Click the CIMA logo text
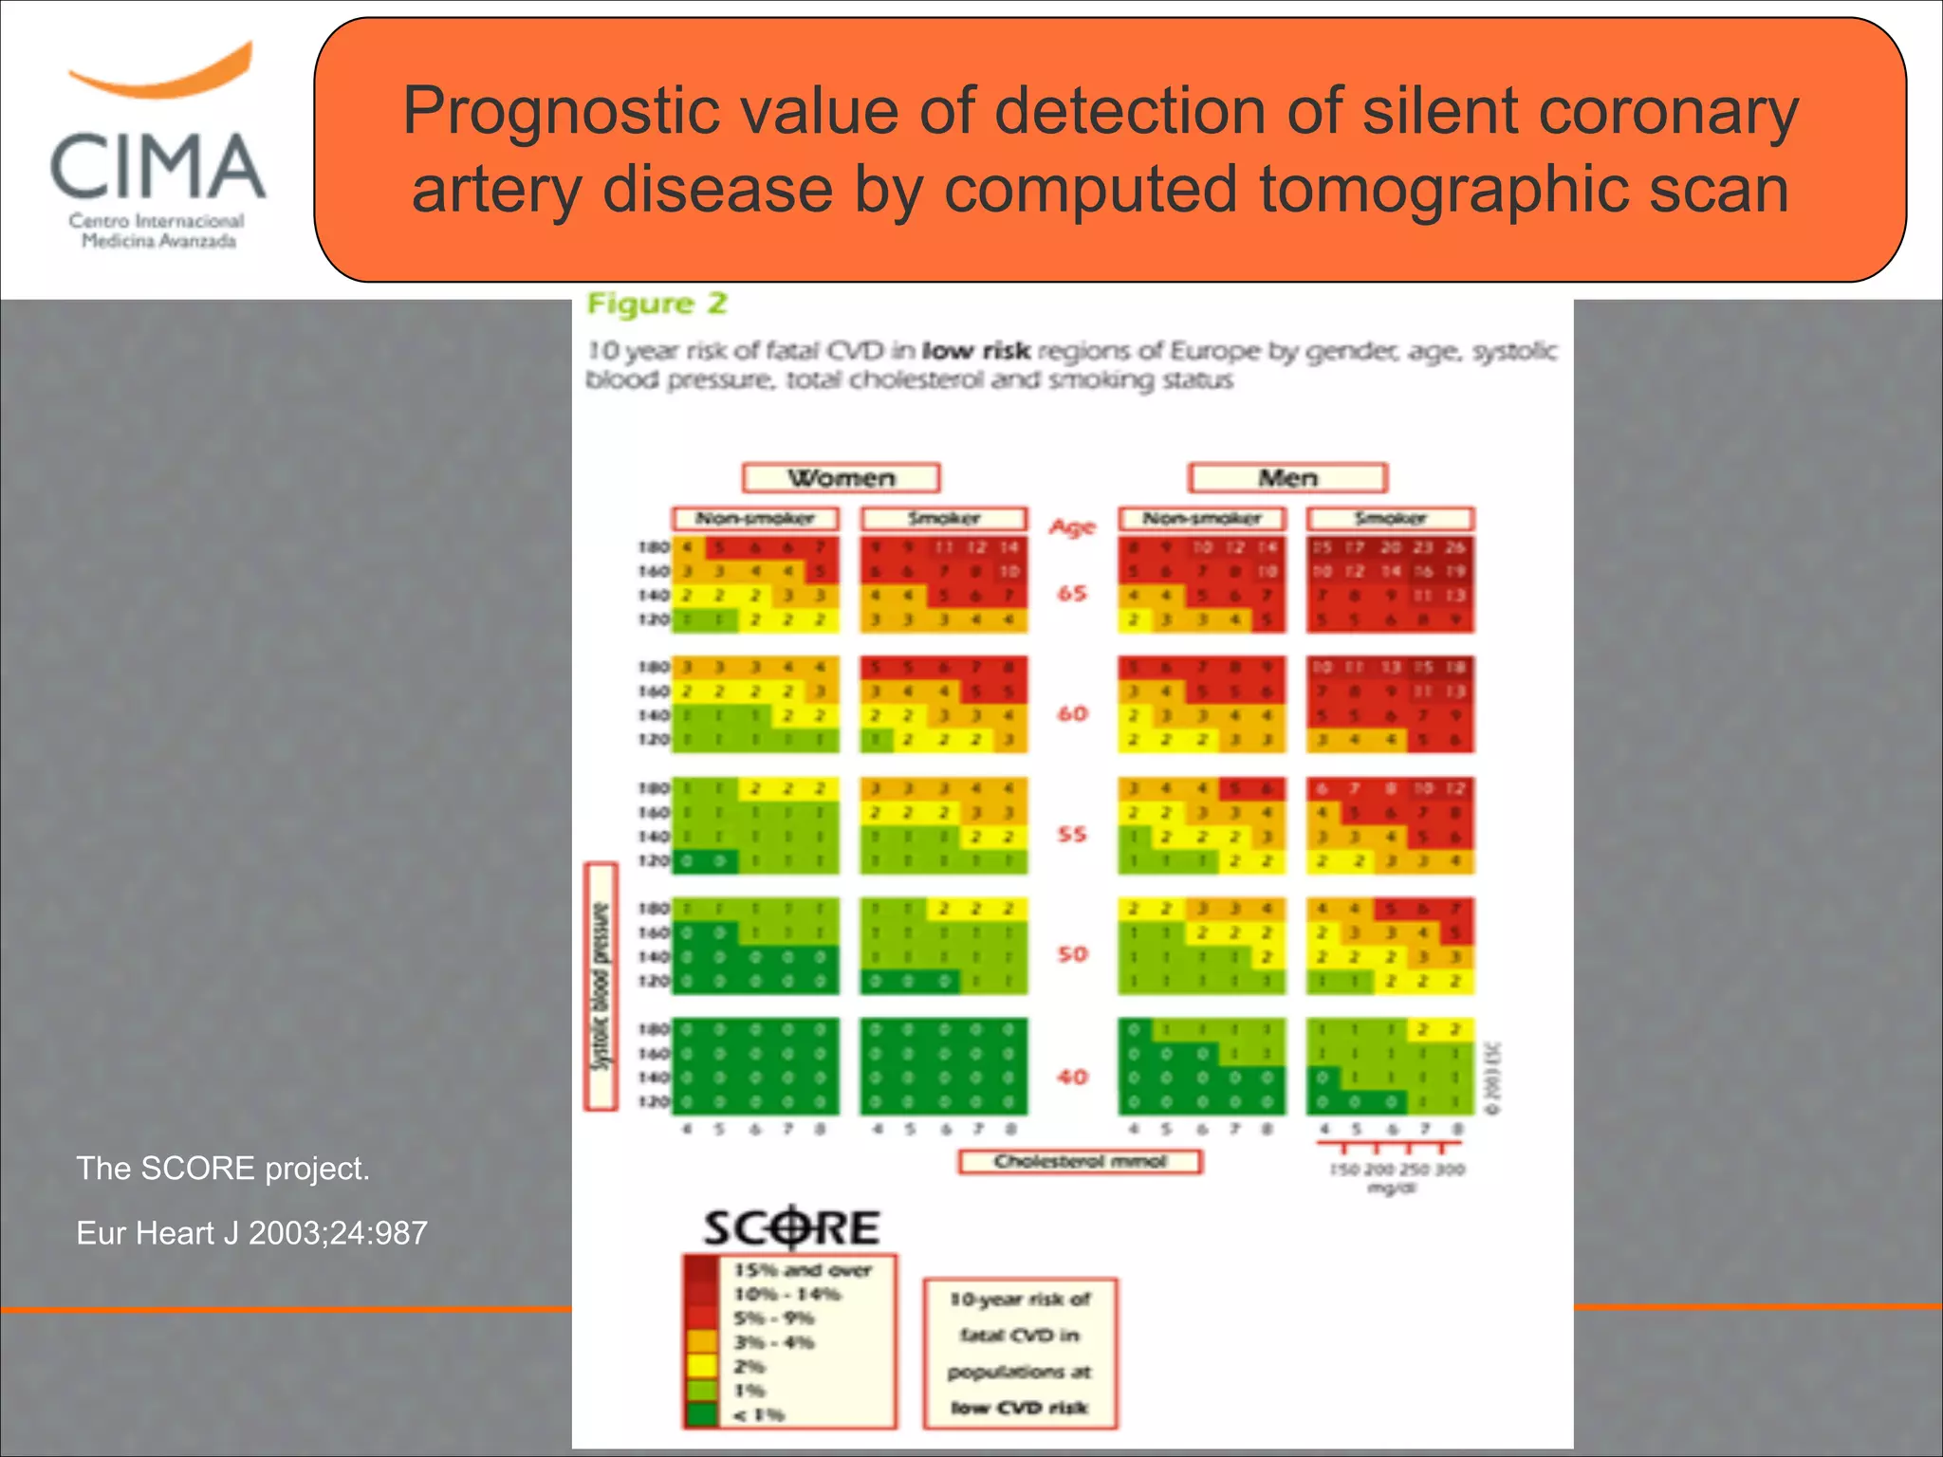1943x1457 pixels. pos(157,167)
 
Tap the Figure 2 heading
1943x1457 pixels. pos(657,304)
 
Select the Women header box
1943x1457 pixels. pos(841,477)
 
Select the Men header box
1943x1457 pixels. pos(1287,477)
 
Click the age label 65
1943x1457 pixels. pos(1072,594)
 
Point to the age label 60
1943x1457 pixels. pos(1072,713)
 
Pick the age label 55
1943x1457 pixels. pos(1072,835)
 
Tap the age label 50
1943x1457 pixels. pos(1072,954)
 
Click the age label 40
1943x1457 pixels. pos(1072,1077)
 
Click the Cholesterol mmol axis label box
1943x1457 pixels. pos(1080,1162)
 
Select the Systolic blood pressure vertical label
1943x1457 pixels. pos(601,987)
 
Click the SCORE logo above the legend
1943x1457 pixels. pos(791,1228)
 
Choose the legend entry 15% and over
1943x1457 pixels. pos(803,1270)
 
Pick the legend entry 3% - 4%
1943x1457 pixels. pos(774,1342)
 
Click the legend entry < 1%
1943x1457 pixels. pos(759,1414)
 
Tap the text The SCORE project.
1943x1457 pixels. pos(223,1169)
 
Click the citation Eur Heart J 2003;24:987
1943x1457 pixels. pos(251,1233)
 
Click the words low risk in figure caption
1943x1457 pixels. pos(976,351)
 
